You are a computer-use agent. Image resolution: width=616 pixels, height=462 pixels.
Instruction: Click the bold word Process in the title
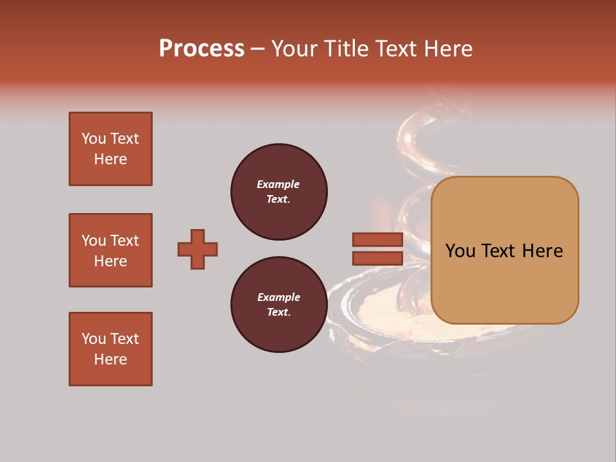(x=201, y=49)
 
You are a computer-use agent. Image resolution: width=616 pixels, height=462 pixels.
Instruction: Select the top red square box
(x=110, y=149)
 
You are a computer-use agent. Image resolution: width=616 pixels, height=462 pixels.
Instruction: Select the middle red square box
(x=110, y=250)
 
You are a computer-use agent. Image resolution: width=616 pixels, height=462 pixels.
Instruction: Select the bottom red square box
(x=110, y=349)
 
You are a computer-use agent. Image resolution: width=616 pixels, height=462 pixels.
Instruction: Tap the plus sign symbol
(x=198, y=249)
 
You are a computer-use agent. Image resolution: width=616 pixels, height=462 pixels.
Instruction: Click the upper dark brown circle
(x=278, y=192)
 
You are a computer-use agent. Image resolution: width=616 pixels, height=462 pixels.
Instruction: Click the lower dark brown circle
(x=278, y=305)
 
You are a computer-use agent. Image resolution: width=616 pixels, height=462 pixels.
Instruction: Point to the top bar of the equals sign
(x=377, y=240)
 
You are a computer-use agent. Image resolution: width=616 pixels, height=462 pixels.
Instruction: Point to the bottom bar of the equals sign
(x=377, y=259)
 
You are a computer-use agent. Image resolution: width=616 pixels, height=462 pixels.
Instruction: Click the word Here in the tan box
(x=542, y=251)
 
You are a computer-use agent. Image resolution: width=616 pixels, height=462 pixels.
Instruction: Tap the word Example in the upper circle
(x=278, y=184)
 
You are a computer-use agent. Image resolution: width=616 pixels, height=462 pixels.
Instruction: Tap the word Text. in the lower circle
(x=278, y=312)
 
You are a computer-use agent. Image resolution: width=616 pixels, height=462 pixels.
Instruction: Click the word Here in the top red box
(x=110, y=159)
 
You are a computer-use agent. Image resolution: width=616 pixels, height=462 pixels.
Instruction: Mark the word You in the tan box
(x=459, y=251)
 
